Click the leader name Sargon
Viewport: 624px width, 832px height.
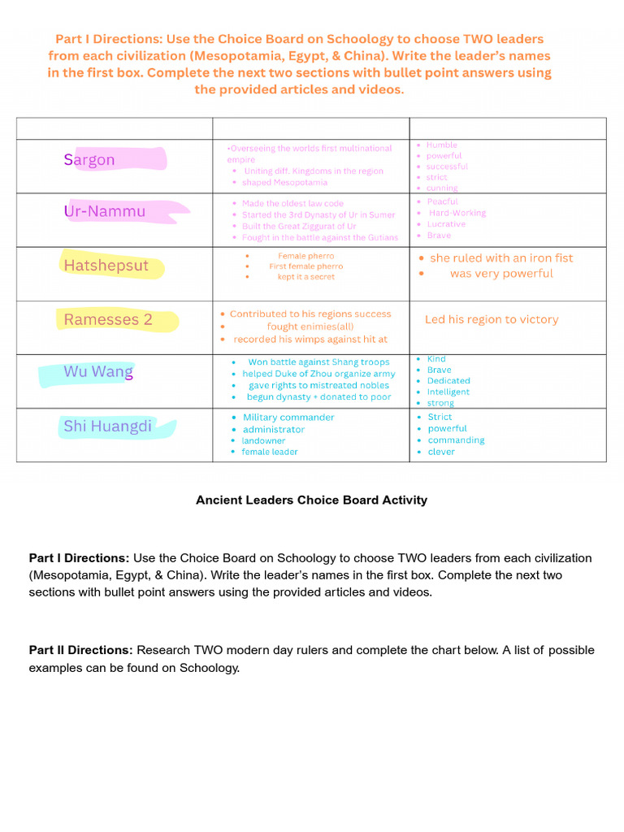click(89, 160)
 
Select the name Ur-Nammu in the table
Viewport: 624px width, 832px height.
click(105, 212)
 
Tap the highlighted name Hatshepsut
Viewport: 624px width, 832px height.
click(106, 266)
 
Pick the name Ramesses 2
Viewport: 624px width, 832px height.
click(108, 320)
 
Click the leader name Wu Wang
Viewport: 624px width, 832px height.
click(98, 372)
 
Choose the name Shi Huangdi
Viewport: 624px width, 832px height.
click(107, 427)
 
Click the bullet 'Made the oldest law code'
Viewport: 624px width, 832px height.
click(292, 204)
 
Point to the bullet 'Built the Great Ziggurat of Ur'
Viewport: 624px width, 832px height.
click(299, 227)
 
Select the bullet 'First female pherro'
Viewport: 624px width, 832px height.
click(305, 266)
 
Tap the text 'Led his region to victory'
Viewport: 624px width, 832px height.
click(492, 320)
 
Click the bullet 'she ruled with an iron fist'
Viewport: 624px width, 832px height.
click(501, 258)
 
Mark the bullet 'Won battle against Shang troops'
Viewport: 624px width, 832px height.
click(318, 362)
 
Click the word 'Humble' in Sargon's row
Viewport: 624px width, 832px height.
click(442, 145)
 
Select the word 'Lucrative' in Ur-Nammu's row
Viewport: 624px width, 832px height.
click(447, 224)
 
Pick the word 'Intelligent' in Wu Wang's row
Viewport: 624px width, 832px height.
click(448, 392)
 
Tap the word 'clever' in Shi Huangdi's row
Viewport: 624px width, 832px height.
click(441, 453)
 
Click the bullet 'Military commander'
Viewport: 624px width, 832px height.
click(288, 418)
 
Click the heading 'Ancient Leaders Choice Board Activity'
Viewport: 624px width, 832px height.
click(311, 500)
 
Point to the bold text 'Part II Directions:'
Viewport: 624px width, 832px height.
click(80, 651)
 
